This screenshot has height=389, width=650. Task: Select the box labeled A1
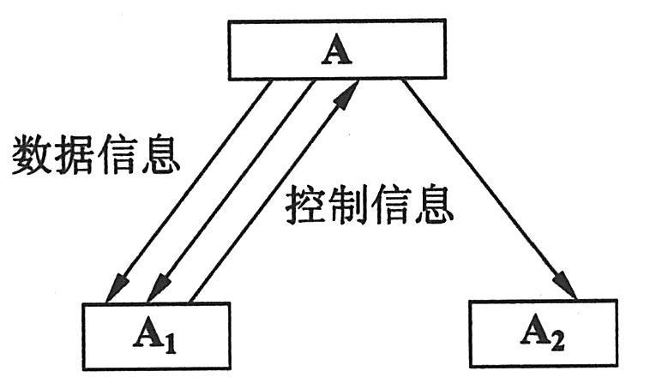(157, 334)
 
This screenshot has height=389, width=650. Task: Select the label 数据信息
(96, 156)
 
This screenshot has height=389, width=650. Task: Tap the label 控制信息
(369, 205)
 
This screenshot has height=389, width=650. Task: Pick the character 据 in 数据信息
(75, 156)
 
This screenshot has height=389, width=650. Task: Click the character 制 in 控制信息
(348, 205)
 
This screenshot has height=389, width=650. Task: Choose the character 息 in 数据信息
(160, 156)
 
